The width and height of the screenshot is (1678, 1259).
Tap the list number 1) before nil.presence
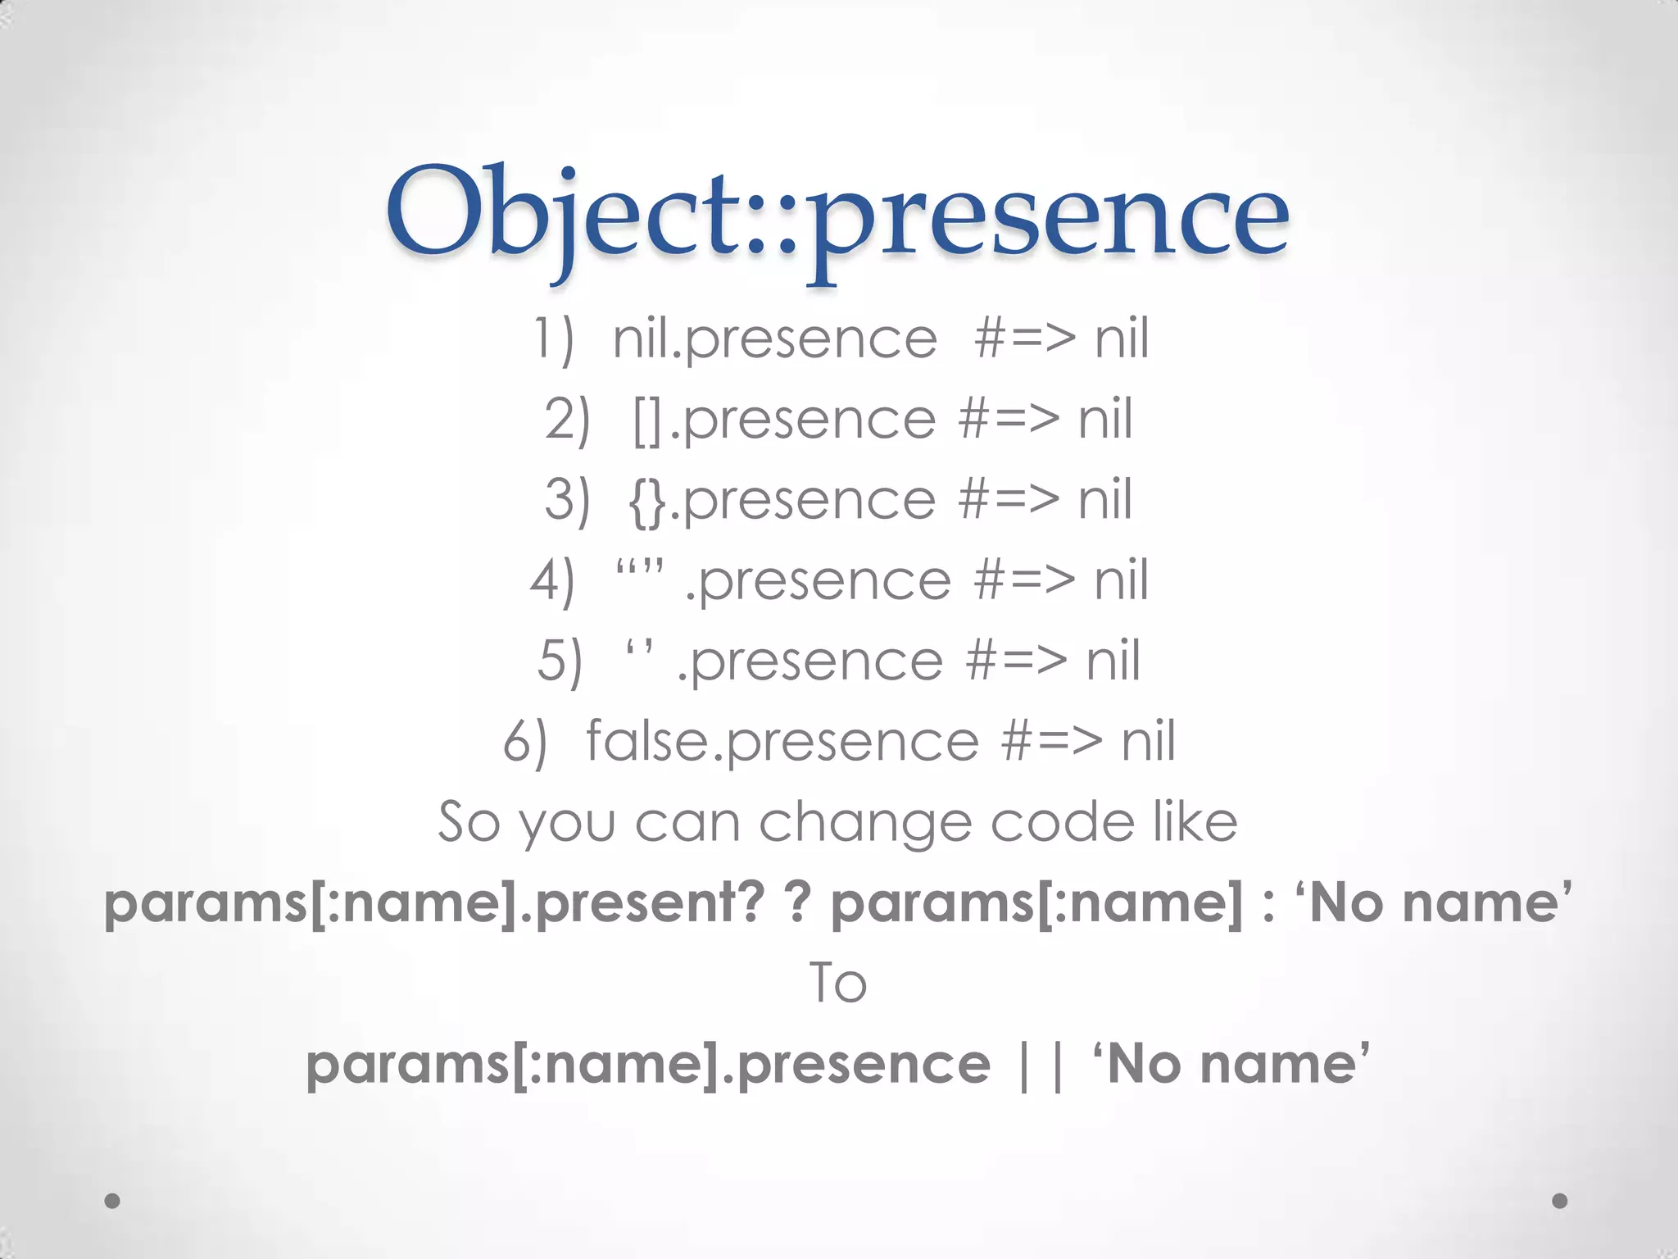pos(554,339)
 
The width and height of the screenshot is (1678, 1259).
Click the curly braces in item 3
pos(647,501)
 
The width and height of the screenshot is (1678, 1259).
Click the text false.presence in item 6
pos(782,742)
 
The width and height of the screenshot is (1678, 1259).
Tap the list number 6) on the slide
pos(524,742)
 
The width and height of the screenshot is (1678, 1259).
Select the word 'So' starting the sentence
pos(468,822)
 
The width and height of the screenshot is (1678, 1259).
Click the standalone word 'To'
pos(837,983)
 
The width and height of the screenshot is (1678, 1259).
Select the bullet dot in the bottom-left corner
pos(113,1201)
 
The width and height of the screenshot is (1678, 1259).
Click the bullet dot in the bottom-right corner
pos(1560,1201)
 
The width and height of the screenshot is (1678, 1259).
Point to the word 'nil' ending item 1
pos(1122,339)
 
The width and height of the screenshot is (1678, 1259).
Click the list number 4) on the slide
pos(552,581)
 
